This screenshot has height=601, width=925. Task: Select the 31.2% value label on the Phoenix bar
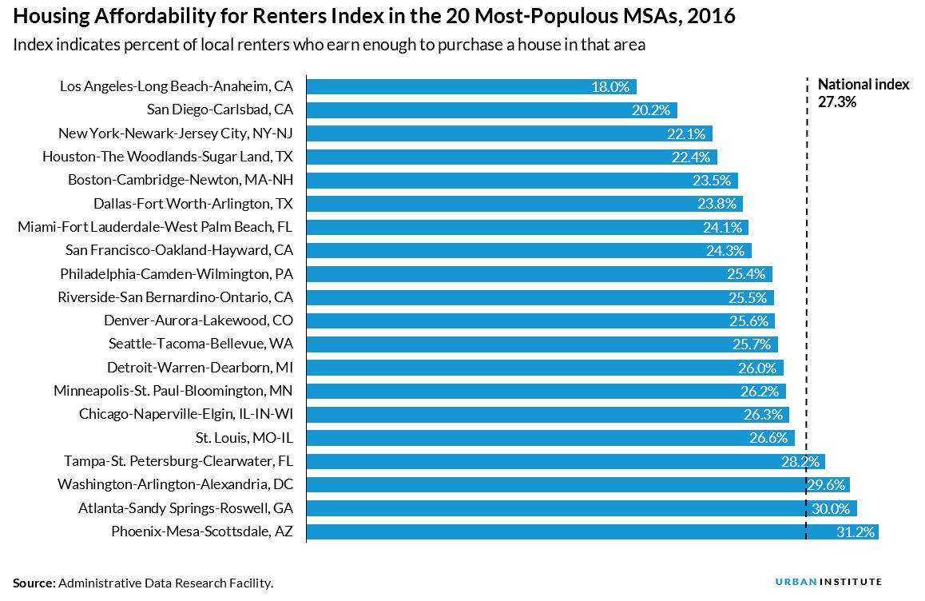click(856, 532)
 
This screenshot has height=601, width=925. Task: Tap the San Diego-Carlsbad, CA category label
click(220, 110)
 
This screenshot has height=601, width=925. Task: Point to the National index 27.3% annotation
click(863, 94)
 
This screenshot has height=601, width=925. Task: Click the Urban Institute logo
click(828, 582)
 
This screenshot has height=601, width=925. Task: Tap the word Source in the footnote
click(33, 583)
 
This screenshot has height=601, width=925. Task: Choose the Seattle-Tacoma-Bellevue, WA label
click(200, 344)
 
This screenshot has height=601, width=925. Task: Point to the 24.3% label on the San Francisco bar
click(725, 251)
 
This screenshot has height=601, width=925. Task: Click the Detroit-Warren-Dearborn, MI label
click(200, 368)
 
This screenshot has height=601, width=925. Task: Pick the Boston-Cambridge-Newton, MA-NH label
click(181, 181)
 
